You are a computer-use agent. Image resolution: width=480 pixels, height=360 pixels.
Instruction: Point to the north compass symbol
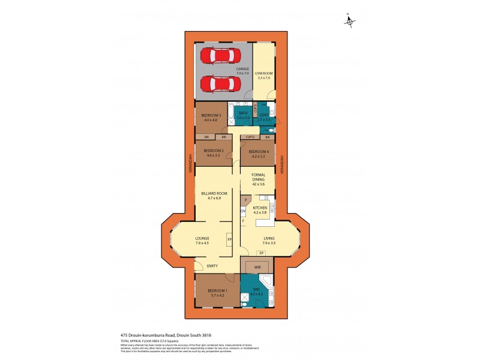(x=350, y=22)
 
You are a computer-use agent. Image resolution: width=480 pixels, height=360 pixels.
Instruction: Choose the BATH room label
(x=243, y=115)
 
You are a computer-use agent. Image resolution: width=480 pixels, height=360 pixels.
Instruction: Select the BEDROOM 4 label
(x=258, y=153)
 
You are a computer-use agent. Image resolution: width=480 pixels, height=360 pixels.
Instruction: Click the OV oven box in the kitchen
(x=243, y=212)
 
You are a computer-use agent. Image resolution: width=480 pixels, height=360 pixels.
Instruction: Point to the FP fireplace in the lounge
(x=229, y=239)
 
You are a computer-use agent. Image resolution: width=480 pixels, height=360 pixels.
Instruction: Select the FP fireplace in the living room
(x=261, y=254)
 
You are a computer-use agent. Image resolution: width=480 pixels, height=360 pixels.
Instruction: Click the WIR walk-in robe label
(x=256, y=266)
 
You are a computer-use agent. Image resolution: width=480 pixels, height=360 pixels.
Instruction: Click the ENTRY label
(x=212, y=266)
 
